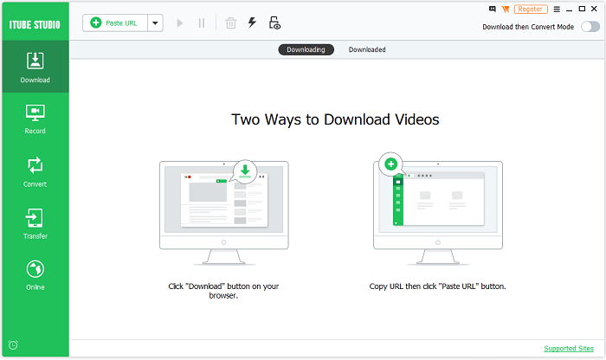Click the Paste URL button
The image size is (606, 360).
[x=114, y=23]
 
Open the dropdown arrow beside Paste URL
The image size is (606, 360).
[x=155, y=23]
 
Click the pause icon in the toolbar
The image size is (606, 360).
[x=202, y=23]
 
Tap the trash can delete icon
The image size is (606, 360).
[x=230, y=23]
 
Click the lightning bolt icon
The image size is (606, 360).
[x=252, y=23]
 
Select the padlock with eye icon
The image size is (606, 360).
[x=274, y=23]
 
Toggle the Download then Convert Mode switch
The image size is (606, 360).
[x=590, y=27]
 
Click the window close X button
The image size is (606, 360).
[x=596, y=9]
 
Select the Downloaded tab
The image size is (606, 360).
[x=367, y=49]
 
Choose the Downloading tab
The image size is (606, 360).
[x=306, y=49]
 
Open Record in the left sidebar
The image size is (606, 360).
[x=35, y=119]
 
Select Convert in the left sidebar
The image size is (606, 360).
[x=35, y=171]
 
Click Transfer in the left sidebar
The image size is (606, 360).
[x=35, y=223]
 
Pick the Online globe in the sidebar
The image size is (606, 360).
[x=35, y=275]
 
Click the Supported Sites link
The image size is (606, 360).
[x=568, y=348]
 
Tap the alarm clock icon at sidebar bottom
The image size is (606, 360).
[x=13, y=344]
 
